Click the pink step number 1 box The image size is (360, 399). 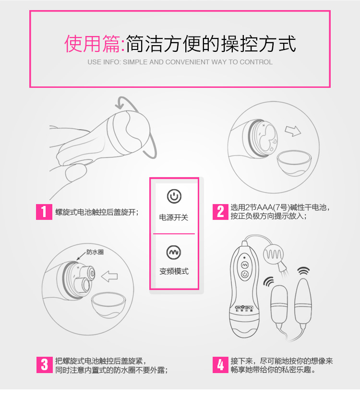[44, 212]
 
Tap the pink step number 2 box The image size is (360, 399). [220, 212]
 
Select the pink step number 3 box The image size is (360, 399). [44, 364]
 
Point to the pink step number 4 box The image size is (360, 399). [220, 364]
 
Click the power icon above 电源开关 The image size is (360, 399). [174, 196]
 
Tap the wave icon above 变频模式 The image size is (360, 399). [174, 252]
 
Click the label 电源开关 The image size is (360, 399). [174, 218]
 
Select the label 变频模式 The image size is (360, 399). [174, 271]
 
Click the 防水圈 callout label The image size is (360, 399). [95, 252]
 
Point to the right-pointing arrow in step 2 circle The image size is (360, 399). [293, 131]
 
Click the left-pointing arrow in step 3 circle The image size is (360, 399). [109, 277]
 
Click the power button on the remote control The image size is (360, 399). [245, 274]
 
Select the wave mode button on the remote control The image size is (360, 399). [245, 265]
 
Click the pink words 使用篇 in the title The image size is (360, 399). [92, 44]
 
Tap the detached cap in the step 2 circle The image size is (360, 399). [294, 163]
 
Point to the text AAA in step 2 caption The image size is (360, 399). [265, 207]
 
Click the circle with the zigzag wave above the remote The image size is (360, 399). [273, 254]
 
